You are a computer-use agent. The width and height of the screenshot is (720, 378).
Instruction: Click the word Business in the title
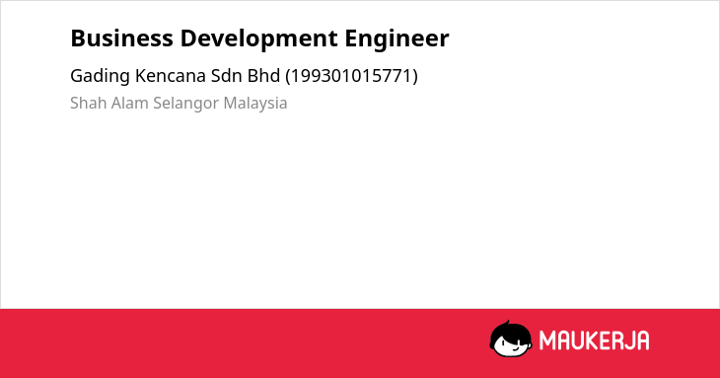tap(121, 38)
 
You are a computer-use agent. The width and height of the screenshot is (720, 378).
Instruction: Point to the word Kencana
tap(171, 76)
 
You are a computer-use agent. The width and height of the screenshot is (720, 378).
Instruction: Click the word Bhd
tap(263, 76)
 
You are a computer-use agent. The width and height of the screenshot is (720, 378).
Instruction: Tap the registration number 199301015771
tap(352, 76)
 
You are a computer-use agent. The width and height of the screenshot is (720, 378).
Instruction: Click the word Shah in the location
tap(89, 103)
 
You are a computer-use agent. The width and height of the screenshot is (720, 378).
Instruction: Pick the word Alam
tap(130, 103)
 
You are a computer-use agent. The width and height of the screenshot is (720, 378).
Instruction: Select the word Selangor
tap(186, 104)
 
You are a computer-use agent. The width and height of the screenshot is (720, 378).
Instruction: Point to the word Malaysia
tap(255, 104)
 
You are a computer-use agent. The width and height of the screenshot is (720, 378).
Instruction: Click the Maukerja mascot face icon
tap(511, 339)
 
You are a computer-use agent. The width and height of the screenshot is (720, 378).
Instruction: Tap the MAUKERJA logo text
tap(594, 340)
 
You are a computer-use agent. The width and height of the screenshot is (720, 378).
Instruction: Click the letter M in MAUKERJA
tap(546, 340)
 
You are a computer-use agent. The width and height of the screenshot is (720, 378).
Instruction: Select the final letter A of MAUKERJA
tap(642, 340)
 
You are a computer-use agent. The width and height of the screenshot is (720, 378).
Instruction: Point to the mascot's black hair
tap(510, 330)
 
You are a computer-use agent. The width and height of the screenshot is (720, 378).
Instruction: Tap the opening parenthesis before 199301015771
tap(288, 76)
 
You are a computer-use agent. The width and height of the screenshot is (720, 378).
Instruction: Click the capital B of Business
tap(78, 38)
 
